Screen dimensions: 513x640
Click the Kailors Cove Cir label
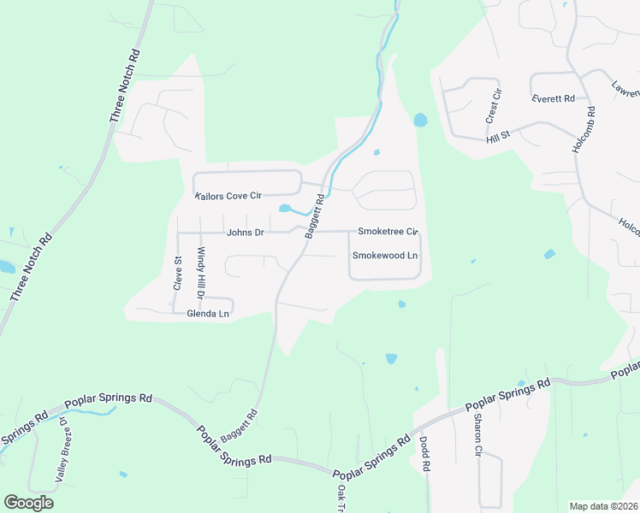pyautogui.click(x=227, y=196)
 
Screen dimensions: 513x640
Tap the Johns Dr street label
pyautogui.click(x=246, y=232)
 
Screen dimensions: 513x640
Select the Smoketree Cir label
pyautogui.click(x=387, y=231)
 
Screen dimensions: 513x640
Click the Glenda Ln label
pyautogui.click(x=208, y=314)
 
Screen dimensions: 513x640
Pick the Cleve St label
pyautogui.click(x=177, y=274)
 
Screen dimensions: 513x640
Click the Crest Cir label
pyautogui.click(x=492, y=109)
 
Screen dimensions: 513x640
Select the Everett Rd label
pyautogui.click(x=552, y=98)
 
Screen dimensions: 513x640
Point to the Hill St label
pyautogui.click(x=498, y=136)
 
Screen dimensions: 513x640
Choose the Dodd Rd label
pyautogui.click(x=424, y=455)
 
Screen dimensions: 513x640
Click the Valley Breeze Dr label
pyautogui.click(x=62, y=451)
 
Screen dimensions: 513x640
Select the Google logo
pyautogui.click(x=28, y=502)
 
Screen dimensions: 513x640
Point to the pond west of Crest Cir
pyautogui.click(x=420, y=121)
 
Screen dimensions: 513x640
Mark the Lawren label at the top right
pyautogui.click(x=625, y=89)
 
